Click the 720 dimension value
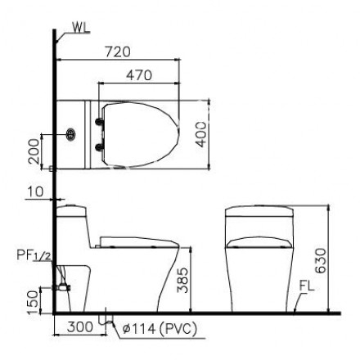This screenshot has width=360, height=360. tap(118, 52)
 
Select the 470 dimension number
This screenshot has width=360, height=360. tap(139, 75)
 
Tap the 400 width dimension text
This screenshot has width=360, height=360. tap(201, 134)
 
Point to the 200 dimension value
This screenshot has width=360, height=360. tap(34, 151)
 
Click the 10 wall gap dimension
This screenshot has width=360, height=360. tap(35, 191)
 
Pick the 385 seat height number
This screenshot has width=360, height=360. tap(182, 280)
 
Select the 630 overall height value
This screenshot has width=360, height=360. tap(320, 260)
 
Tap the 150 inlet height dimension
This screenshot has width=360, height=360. tap(34, 303)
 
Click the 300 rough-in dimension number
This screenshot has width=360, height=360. tap(80, 326)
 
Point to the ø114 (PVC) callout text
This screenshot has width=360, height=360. tap(160, 328)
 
